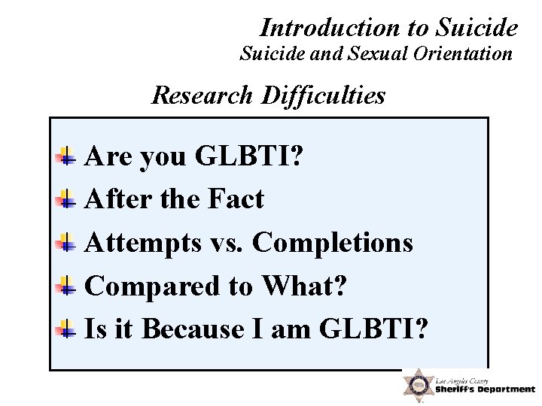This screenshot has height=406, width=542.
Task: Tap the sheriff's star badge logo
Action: pos(416,385)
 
